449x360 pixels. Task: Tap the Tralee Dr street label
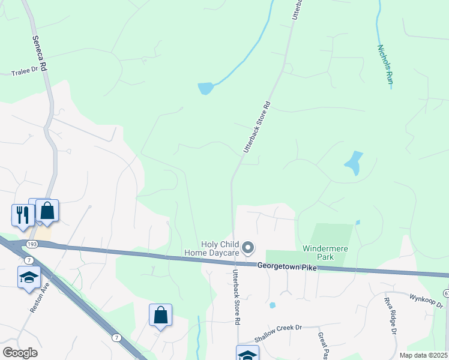click(25, 72)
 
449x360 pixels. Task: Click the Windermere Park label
click(325, 252)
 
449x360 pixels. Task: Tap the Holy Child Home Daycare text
click(220, 248)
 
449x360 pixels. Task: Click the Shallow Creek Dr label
click(277, 334)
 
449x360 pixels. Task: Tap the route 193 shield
click(32, 243)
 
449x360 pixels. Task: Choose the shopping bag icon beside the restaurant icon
click(47, 211)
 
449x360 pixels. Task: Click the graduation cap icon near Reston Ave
click(28, 277)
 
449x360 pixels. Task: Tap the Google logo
click(20, 353)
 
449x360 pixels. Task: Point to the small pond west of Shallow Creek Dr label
click(273, 305)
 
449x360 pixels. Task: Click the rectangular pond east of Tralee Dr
click(205, 89)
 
